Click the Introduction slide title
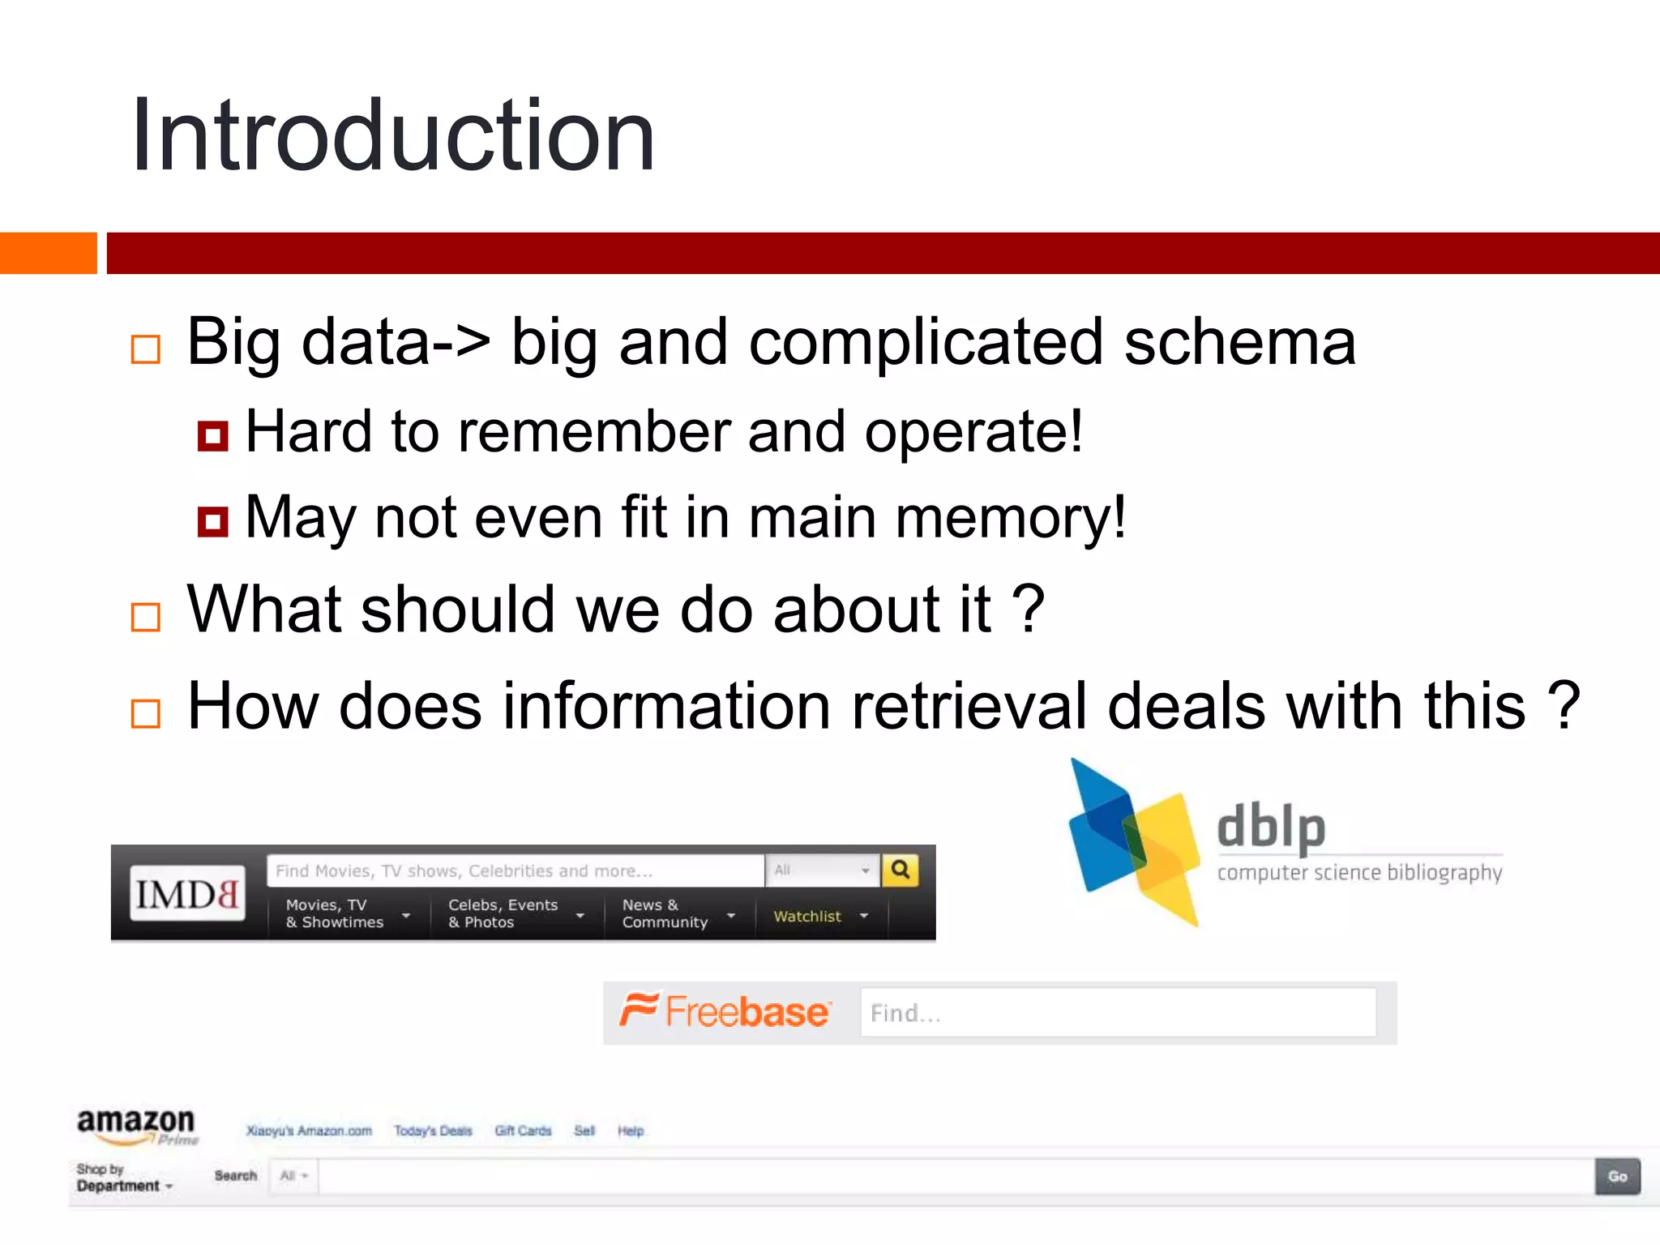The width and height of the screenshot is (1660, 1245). point(393,135)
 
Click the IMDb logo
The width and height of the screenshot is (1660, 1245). point(187,893)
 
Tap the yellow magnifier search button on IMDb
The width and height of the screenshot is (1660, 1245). point(900,871)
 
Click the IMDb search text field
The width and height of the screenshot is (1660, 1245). point(515,871)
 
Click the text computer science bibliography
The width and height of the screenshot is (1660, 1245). point(1359,873)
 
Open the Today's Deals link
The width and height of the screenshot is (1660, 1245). point(433,1131)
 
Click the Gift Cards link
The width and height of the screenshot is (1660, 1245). point(523,1131)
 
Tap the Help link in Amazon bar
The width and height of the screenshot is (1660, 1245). point(631,1131)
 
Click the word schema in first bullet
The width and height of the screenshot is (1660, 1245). point(1239,342)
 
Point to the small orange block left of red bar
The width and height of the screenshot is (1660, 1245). point(48,253)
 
